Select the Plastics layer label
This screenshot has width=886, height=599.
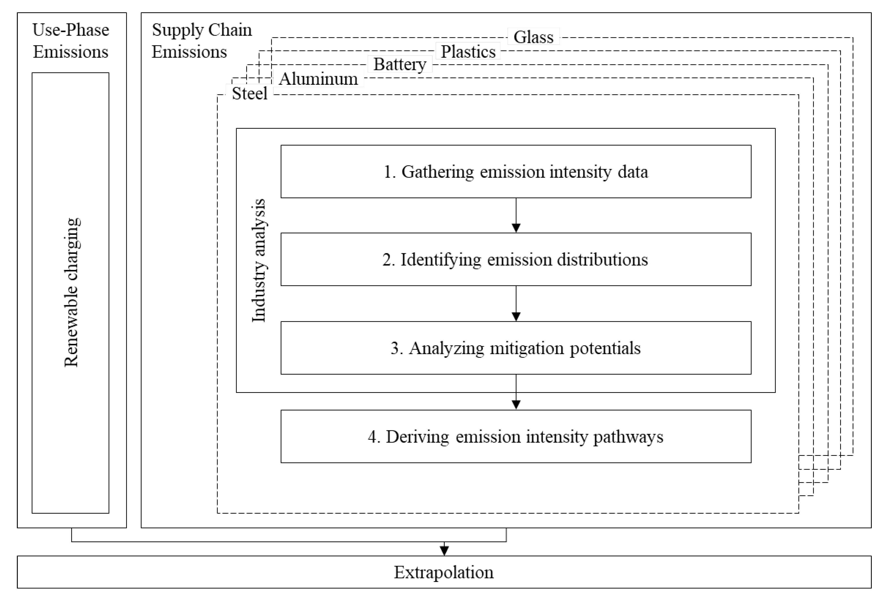pyautogui.click(x=468, y=51)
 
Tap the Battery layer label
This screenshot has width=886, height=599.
pyautogui.click(x=400, y=64)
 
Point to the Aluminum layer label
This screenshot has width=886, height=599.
pyautogui.click(x=318, y=79)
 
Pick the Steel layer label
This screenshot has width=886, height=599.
pyautogui.click(x=250, y=93)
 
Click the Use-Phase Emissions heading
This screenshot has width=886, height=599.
pyautogui.click(x=71, y=41)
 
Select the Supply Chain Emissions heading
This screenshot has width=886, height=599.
pyautogui.click(x=201, y=41)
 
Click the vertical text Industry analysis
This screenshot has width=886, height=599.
pyautogui.click(x=259, y=260)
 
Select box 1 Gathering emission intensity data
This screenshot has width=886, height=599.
pyautogui.click(x=516, y=171)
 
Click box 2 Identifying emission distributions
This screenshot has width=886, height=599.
pyautogui.click(x=516, y=260)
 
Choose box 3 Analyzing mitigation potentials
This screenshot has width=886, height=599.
pyautogui.click(x=516, y=348)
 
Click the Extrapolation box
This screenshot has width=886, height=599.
pyautogui.click(x=444, y=572)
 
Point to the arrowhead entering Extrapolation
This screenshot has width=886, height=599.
pyautogui.click(x=444, y=550)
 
